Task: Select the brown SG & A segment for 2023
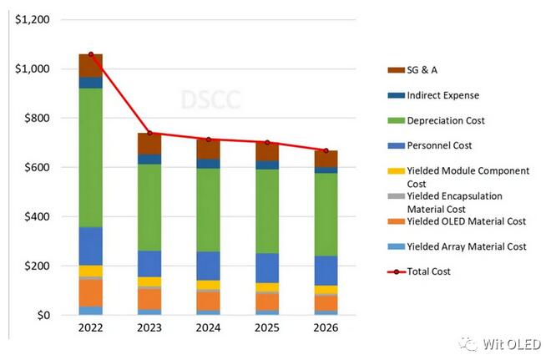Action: tap(149, 144)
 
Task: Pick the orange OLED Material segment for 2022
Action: tap(90, 292)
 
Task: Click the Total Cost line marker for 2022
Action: tap(90, 54)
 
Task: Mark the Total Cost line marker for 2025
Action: tap(267, 143)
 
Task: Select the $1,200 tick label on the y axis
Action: tap(32, 19)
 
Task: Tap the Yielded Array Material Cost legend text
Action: tap(466, 246)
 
